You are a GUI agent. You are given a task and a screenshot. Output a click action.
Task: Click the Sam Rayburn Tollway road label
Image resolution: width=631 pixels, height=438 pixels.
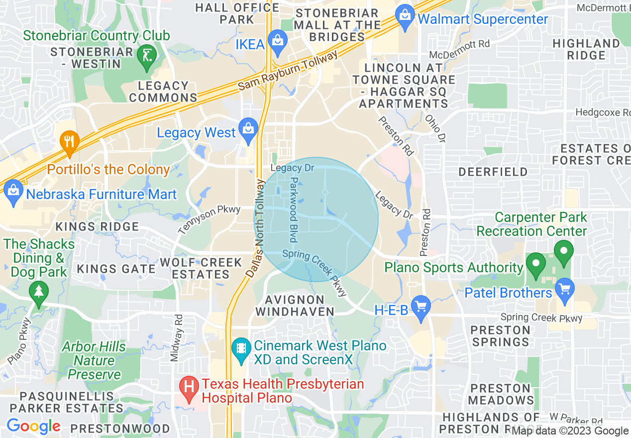pyautogui.click(x=288, y=70)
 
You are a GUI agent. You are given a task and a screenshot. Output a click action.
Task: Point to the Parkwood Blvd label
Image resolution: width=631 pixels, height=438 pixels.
pyautogui.click(x=294, y=204)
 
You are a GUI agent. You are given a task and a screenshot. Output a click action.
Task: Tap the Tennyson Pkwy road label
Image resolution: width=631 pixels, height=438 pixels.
pyautogui.click(x=209, y=219)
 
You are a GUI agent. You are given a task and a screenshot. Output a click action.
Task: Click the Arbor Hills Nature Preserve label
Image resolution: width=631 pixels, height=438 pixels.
pyautogui.click(x=95, y=360)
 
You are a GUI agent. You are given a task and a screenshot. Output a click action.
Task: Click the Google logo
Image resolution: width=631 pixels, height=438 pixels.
pyautogui.click(x=33, y=427)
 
